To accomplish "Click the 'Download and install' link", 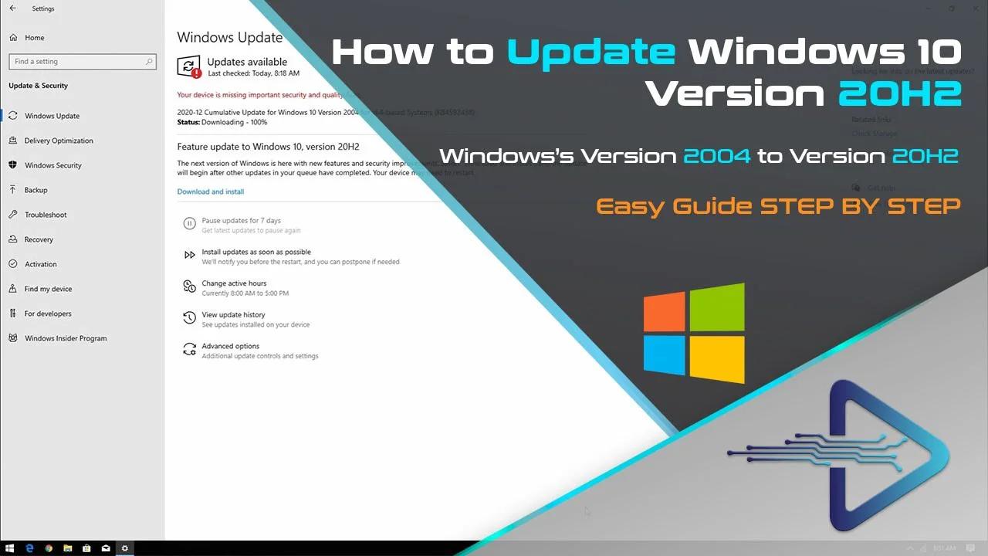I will pyautogui.click(x=210, y=192).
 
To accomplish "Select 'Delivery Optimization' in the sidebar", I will pyautogui.click(x=59, y=141).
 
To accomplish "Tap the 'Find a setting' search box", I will pyautogui.click(x=82, y=62).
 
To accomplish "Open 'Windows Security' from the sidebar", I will pyautogui.click(x=52, y=165).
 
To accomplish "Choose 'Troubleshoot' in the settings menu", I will pyautogui.click(x=46, y=215).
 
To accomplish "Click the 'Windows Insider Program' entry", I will pyautogui.click(x=66, y=338).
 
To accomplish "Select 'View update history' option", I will pyautogui.click(x=233, y=315).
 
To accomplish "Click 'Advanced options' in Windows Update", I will pyautogui.click(x=230, y=347).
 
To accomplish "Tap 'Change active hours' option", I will pyautogui.click(x=234, y=283).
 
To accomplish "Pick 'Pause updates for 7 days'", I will pyautogui.click(x=241, y=221).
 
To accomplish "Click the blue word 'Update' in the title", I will pyautogui.click(x=590, y=52).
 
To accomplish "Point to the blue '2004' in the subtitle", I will pyautogui.click(x=716, y=156).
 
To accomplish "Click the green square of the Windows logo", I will pyautogui.click(x=717, y=307).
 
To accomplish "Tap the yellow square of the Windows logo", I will pyautogui.click(x=717, y=359).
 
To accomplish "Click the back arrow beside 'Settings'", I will pyautogui.click(x=12, y=8).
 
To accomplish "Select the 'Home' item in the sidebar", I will pyautogui.click(x=34, y=37).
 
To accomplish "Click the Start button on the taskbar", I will pyautogui.click(x=10, y=548).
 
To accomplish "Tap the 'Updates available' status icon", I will pyautogui.click(x=189, y=66).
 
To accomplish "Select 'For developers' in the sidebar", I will pyautogui.click(x=48, y=314).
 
